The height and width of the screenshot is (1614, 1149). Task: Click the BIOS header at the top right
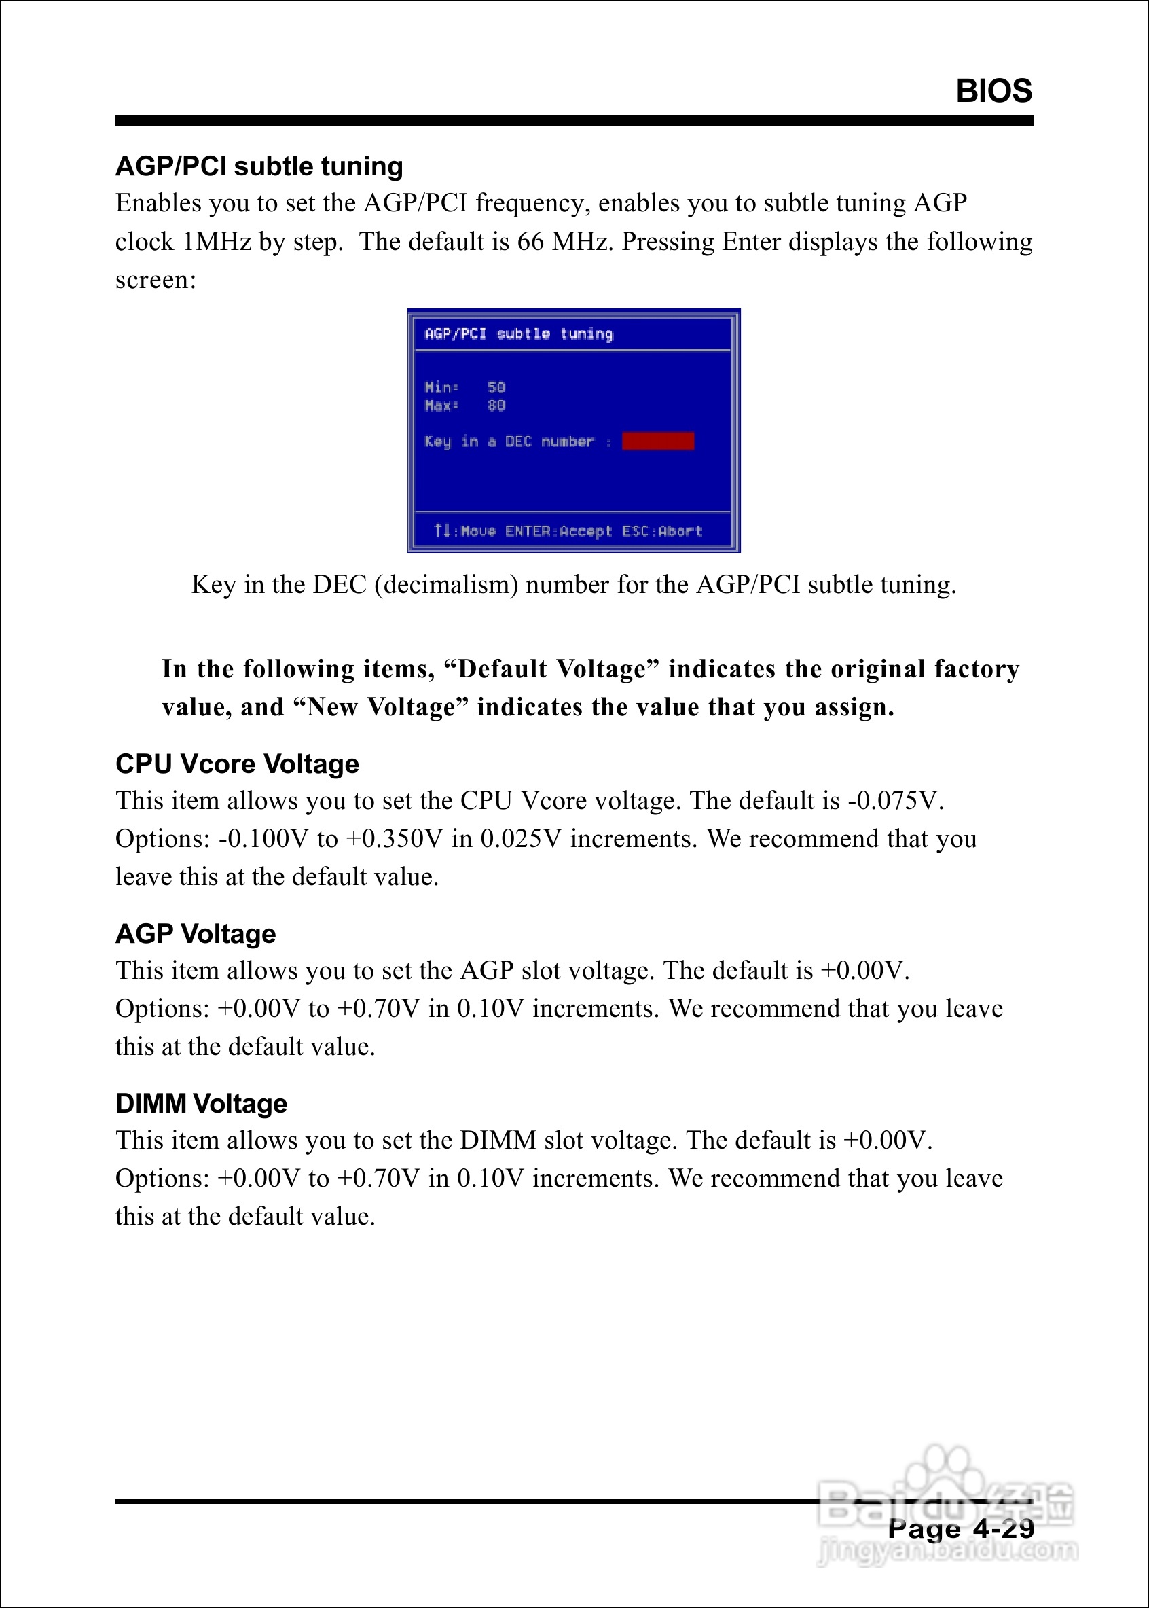point(993,91)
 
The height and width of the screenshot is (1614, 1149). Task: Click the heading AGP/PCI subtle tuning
point(259,166)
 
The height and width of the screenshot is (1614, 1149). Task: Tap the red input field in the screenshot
point(657,441)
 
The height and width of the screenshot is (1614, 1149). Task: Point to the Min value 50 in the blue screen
point(496,387)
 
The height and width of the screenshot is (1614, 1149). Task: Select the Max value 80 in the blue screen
point(496,406)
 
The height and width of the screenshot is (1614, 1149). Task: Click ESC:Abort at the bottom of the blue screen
point(661,531)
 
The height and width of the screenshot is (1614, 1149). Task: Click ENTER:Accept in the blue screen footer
point(558,531)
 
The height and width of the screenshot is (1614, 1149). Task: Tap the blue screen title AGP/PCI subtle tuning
point(519,334)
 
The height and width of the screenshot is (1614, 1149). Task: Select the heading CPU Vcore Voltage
point(237,764)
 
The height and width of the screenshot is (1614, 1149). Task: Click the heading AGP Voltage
point(196,933)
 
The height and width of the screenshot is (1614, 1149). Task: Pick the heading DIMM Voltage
point(201,1103)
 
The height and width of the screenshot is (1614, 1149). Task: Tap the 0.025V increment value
point(521,838)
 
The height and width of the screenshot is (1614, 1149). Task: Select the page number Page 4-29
point(961,1529)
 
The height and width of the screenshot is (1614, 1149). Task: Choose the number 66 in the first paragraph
point(530,241)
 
